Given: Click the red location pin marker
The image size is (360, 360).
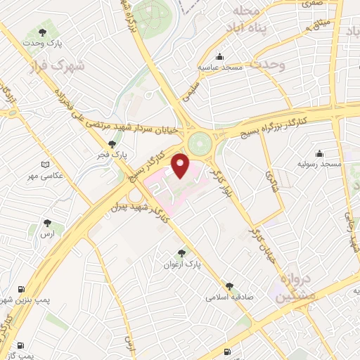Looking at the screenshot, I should pos(181,166).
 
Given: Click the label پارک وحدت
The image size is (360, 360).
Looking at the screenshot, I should pos(61,44).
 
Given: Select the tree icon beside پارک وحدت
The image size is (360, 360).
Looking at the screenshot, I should pos(43,32).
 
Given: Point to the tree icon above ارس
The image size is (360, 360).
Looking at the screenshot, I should pos(47,221).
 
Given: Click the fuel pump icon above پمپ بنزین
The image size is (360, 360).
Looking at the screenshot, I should pos(20,288).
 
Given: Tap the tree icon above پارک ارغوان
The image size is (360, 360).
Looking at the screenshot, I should pos(182,253).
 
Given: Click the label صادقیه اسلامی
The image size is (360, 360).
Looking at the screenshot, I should pos(229,297).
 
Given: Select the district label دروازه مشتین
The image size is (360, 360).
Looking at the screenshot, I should pos(291,288).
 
